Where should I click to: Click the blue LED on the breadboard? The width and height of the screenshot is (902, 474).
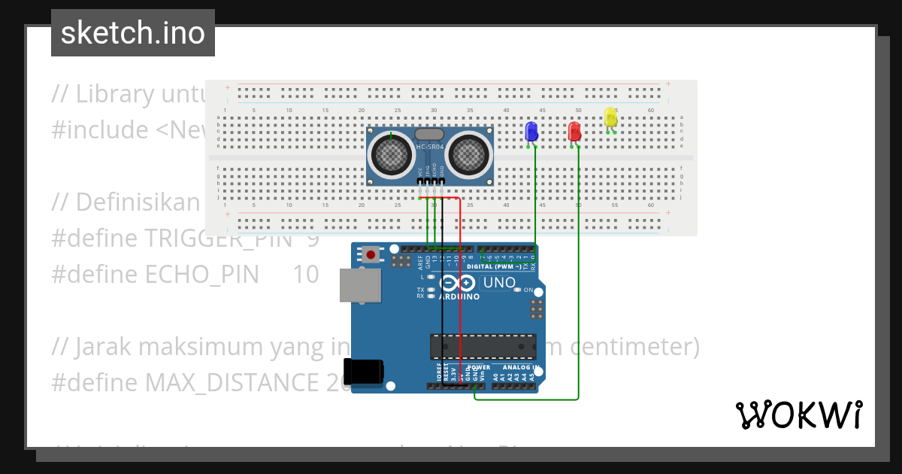[531, 132]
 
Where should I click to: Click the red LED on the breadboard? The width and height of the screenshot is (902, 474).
[574, 132]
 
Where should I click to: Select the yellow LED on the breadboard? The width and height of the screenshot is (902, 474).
[610, 117]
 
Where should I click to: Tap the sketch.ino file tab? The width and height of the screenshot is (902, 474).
[133, 33]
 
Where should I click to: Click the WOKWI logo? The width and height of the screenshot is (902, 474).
[798, 415]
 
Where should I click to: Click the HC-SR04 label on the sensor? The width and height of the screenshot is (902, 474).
[428, 146]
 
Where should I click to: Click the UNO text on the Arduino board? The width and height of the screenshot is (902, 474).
[498, 284]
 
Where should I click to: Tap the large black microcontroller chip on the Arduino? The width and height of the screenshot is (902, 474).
[483, 347]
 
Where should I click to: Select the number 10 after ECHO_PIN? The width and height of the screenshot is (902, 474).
[305, 275]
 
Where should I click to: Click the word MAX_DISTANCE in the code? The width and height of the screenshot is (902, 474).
[232, 383]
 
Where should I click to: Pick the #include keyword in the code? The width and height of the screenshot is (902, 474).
[99, 130]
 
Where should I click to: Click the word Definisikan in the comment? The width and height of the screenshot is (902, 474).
[137, 202]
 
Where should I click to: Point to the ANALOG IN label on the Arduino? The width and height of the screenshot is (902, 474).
[520, 368]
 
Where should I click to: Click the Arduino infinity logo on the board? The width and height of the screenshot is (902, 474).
[458, 284]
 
